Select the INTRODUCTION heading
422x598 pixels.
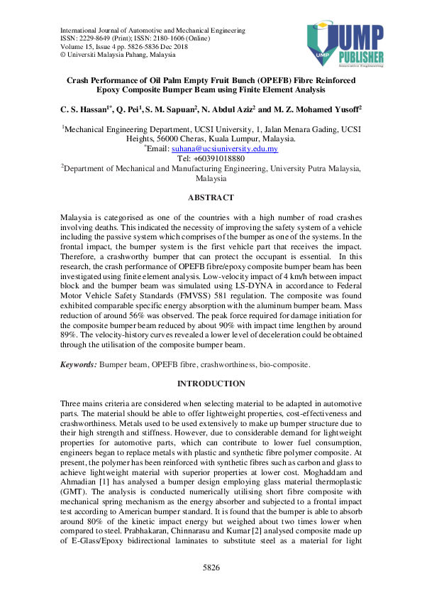[211, 384]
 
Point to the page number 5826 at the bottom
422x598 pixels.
[211, 567]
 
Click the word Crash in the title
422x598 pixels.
[79, 81]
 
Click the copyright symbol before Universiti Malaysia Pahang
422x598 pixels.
[63, 54]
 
